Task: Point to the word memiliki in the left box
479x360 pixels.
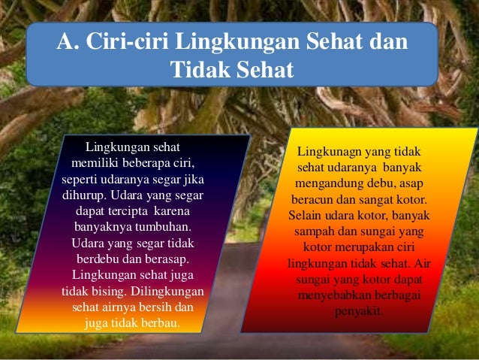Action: tap(94, 162)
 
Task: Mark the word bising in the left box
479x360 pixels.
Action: tap(110, 292)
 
